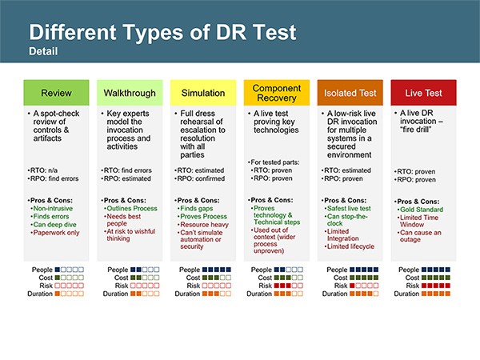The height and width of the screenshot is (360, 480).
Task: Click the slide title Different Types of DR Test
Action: point(162,32)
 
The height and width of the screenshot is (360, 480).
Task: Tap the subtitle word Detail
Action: point(43,51)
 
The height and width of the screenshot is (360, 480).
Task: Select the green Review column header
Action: point(56,93)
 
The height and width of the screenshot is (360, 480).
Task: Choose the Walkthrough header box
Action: point(130,93)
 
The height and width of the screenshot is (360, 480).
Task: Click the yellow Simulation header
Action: point(203,93)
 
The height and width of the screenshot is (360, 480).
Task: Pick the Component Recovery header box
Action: point(277,93)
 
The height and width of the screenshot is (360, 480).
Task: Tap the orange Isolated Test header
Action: point(350,93)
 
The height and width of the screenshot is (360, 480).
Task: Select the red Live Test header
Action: point(424,93)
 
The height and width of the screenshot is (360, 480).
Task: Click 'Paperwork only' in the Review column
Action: point(56,233)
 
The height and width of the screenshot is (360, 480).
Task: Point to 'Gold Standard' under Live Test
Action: point(422,210)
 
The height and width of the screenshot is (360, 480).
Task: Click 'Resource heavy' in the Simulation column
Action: point(204,224)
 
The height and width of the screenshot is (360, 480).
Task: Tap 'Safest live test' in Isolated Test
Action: point(349,209)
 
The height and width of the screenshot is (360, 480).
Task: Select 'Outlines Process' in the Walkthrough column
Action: point(132,209)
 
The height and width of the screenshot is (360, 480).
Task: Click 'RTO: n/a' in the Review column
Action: point(44,170)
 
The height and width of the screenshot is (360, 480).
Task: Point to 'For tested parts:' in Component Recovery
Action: point(275,162)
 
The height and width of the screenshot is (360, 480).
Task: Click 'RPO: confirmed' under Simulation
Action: point(201,178)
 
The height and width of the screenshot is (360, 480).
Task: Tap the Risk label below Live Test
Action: point(413,286)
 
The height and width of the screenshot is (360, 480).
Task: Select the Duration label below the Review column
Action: point(40,294)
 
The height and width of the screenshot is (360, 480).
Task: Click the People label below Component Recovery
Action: point(262,270)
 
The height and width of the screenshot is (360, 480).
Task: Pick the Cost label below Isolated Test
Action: point(341,278)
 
